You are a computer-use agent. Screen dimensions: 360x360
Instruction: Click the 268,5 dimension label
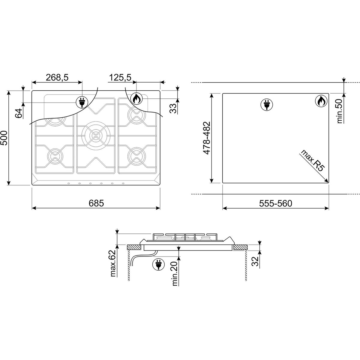(x=57, y=77)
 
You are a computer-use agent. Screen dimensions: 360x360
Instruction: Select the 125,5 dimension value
(x=120, y=77)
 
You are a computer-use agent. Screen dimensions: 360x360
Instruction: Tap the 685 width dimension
(x=96, y=203)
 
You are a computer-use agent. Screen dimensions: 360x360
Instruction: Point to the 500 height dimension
(x=4, y=138)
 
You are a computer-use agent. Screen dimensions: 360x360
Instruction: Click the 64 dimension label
(x=19, y=113)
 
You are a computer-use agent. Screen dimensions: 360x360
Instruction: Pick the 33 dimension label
(x=173, y=108)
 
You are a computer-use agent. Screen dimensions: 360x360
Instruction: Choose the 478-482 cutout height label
(x=207, y=138)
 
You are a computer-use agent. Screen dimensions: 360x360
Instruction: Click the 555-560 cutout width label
(x=276, y=203)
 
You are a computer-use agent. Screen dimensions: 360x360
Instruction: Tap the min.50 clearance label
(x=339, y=111)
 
